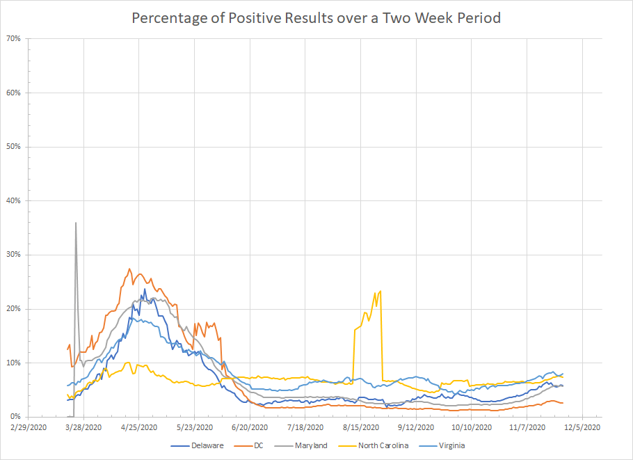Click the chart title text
(316, 18)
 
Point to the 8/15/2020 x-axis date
(360, 427)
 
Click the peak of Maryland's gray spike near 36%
(75, 223)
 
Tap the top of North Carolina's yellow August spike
(380, 291)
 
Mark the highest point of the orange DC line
(129, 269)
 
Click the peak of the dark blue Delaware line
(145, 289)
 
